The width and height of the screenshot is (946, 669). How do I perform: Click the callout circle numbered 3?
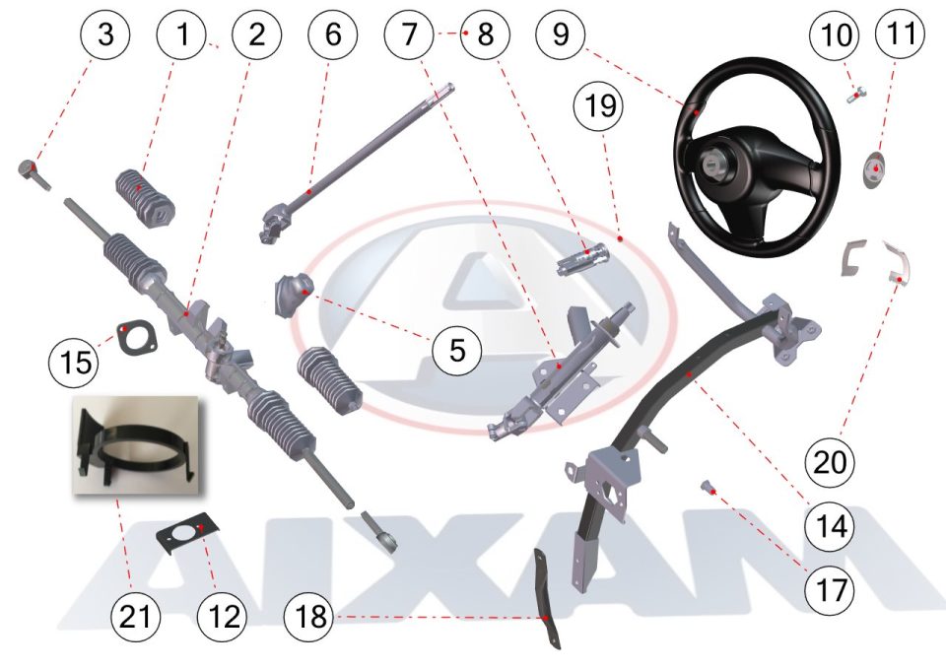tap(105, 33)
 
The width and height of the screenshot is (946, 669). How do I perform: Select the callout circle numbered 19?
tap(600, 106)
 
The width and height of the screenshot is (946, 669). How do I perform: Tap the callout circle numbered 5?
tap(457, 350)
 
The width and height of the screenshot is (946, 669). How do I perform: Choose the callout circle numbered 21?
tap(136, 617)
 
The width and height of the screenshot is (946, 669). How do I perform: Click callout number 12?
tap(223, 617)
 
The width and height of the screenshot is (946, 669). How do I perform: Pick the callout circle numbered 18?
tap(309, 617)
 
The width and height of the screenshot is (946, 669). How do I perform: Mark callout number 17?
tap(831, 589)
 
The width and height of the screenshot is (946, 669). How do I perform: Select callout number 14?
tap(831, 526)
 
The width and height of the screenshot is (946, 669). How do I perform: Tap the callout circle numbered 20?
tap(831, 462)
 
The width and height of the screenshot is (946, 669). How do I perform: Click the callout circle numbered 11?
tap(902, 33)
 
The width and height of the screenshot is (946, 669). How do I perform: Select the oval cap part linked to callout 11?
tap(875, 170)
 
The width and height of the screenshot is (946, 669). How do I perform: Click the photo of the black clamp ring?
tap(136, 445)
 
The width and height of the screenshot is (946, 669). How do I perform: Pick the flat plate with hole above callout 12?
tap(187, 531)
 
